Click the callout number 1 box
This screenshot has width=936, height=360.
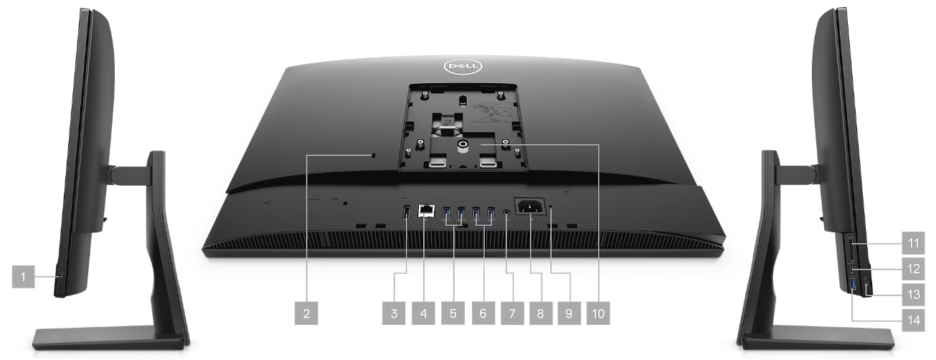[x=23, y=276]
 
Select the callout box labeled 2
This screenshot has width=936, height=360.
[x=306, y=313]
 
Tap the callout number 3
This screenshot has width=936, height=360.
[x=394, y=313]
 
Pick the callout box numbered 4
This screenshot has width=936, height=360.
[x=423, y=313]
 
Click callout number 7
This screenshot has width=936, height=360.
[x=512, y=313]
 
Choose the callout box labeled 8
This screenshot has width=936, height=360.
[x=541, y=313]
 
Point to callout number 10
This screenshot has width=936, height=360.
[x=598, y=313]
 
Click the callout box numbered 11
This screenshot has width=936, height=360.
[x=914, y=242]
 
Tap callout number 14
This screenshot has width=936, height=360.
[x=914, y=320]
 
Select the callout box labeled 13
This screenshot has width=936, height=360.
[x=914, y=295]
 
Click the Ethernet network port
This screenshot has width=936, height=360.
[x=426, y=211]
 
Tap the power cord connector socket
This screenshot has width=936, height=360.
[x=530, y=207]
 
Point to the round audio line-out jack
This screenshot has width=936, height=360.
[x=507, y=212]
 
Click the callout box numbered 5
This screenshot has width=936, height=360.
[x=453, y=313]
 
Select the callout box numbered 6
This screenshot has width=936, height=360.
[x=483, y=313]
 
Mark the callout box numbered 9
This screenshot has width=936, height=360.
[x=569, y=313]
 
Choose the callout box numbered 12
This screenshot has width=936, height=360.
[x=914, y=268]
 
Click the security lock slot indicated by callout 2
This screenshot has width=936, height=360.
[x=374, y=156]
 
